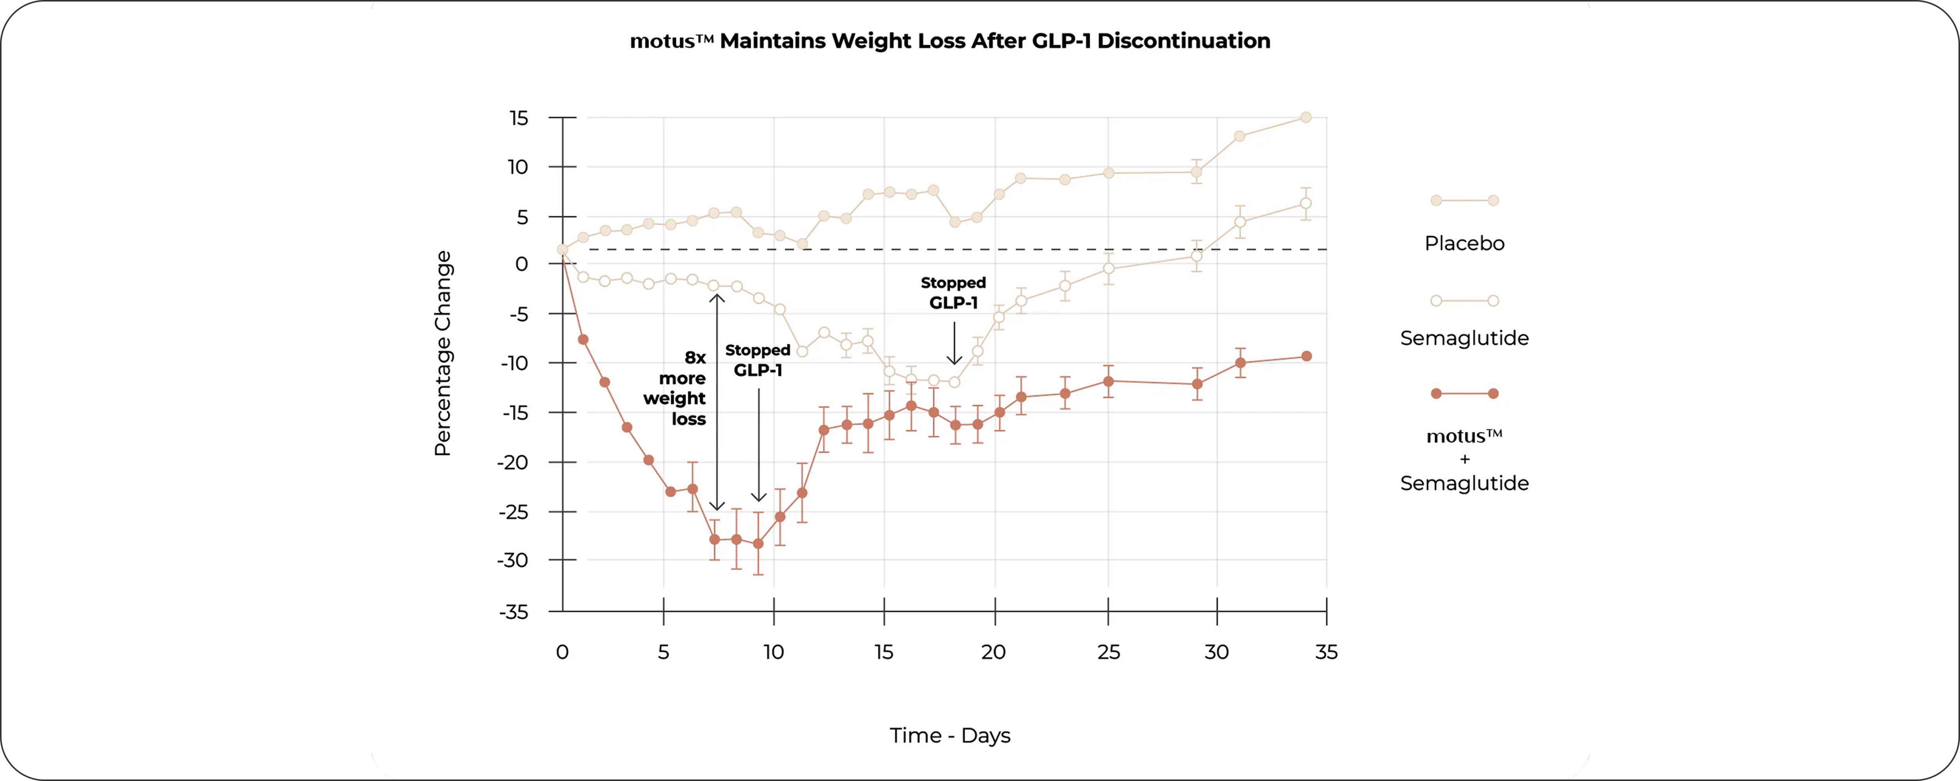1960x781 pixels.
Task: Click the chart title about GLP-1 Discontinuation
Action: (x=949, y=41)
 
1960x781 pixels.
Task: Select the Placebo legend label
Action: (x=1464, y=244)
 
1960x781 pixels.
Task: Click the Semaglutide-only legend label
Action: (x=1464, y=338)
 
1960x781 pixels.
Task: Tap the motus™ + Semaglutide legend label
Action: (x=1464, y=460)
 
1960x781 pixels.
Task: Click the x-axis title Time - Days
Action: (x=949, y=735)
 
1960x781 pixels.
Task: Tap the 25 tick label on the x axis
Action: (x=1108, y=652)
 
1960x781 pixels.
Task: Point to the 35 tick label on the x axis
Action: (x=1326, y=652)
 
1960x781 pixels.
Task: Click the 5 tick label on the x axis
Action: (x=664, y=652)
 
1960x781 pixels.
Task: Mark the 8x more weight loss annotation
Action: (x=676, y=388)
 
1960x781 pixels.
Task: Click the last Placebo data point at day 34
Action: (x=1306, y=117)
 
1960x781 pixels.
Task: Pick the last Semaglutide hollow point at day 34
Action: (x=1306, y=203)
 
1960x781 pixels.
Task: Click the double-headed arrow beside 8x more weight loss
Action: (x=717, y=402)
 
